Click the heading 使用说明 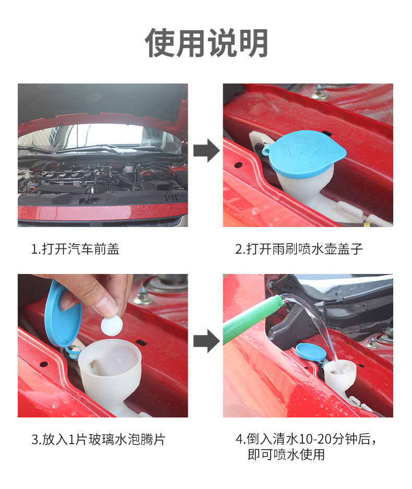[207, 43]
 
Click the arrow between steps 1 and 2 [206, 151]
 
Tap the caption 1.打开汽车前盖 [75, 249]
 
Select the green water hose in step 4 [245, 321]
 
